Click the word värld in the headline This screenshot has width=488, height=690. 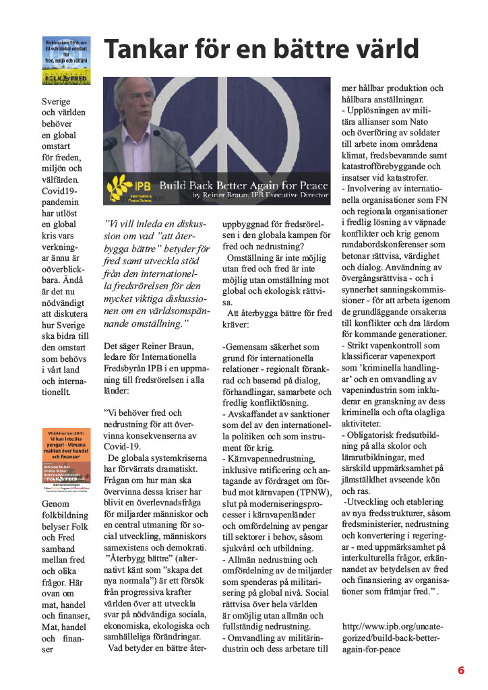[x=384, y=49]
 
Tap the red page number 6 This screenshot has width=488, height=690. [x=461, y=670]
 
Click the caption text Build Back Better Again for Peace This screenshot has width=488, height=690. [x=243, y=184]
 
